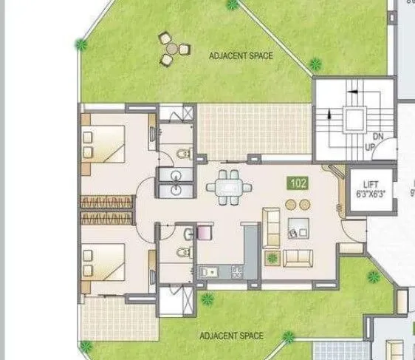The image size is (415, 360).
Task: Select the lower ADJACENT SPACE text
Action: (x=231, y=336)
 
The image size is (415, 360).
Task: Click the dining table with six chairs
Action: (x=229, y=188)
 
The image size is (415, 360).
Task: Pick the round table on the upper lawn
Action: (x=171, y=49)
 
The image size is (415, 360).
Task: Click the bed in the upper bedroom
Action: (x=105, y=144)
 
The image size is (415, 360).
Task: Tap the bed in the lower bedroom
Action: (x=105, y=263)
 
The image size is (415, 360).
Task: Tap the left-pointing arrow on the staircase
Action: (x=353, y=92)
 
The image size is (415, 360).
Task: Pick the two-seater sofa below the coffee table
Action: (x=298, y=257)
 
